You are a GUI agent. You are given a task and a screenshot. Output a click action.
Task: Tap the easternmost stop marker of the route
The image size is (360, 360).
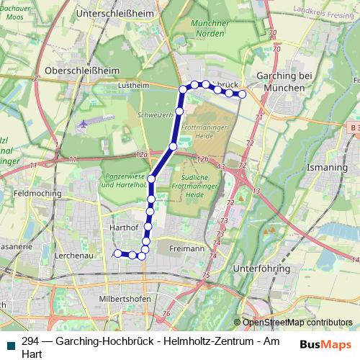coord(243,94)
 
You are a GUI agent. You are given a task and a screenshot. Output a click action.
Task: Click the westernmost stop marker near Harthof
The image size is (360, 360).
coord(117,253)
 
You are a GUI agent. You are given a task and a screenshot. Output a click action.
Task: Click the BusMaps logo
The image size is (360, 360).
coord(327,345)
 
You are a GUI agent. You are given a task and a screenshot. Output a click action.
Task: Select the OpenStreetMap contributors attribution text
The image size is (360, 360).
coord(297,323)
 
